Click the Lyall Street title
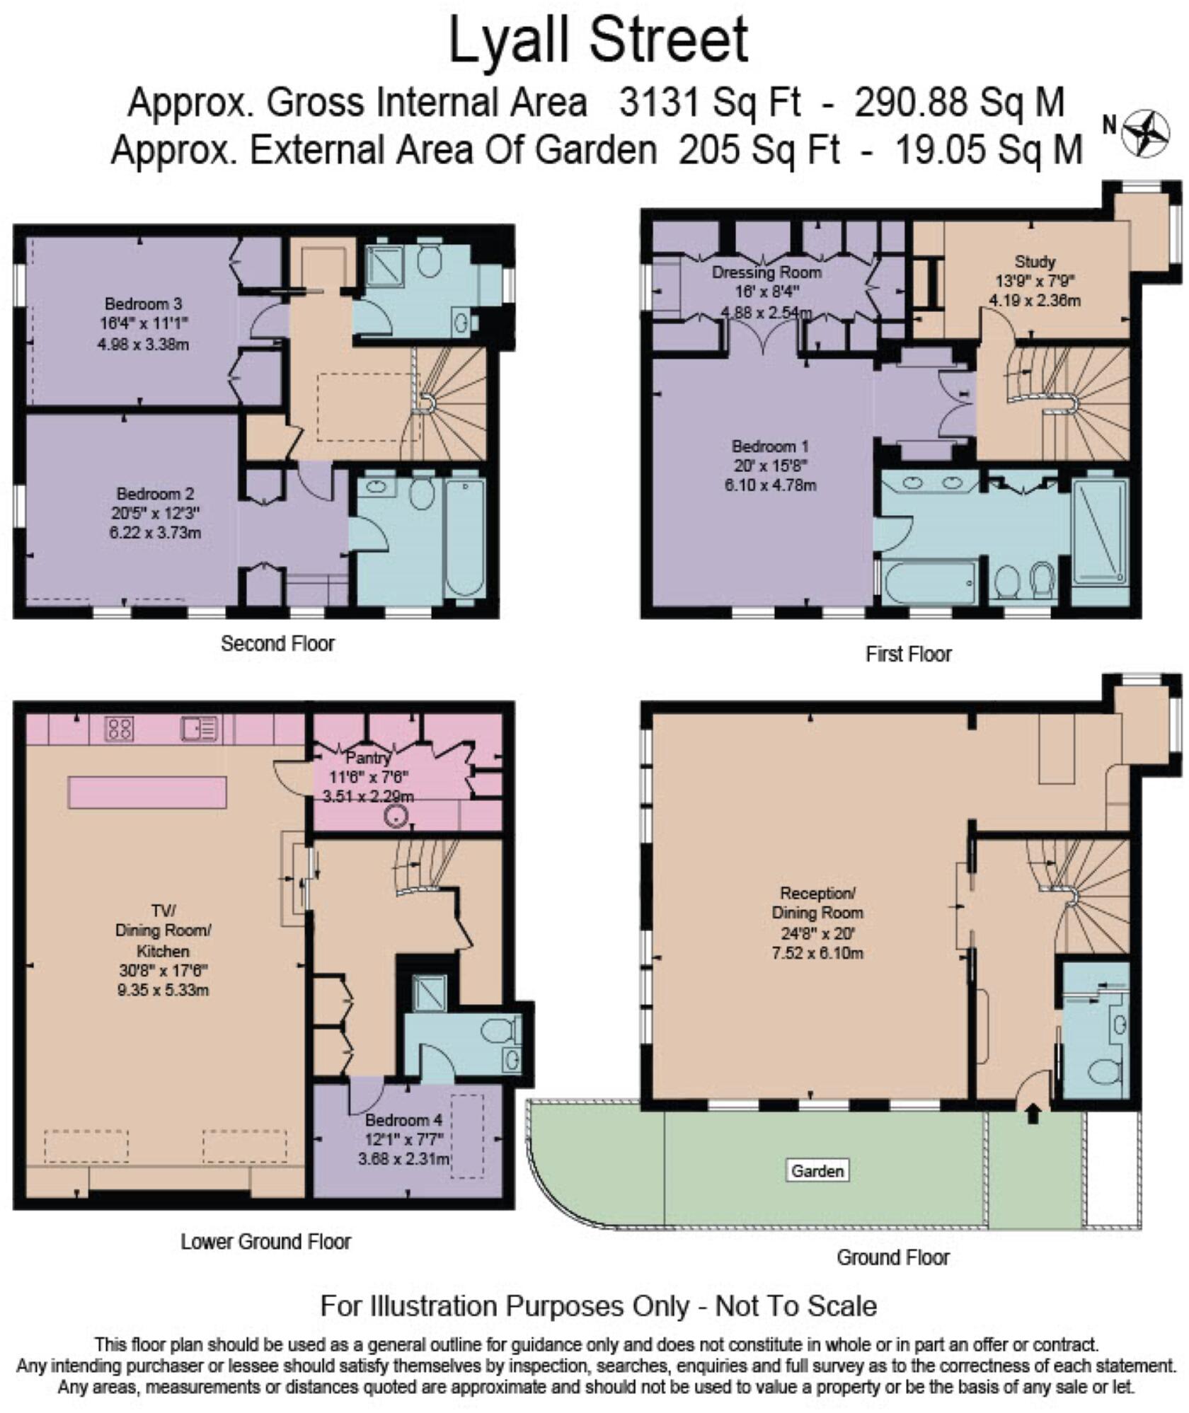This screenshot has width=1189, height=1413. pyautogui.click(x=599, y=41)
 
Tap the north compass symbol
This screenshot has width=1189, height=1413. pyautogui.click(x=1144, y=134)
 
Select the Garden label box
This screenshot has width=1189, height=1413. pyautogui.click(x=817, y=1170)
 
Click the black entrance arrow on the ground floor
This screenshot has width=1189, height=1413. pyautogui.click(x=1033, y=1115)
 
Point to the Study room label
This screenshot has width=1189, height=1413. pyautogui.click(x=1035, y=261)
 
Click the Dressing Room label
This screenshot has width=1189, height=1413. pyautogui.click(x=766, y=272)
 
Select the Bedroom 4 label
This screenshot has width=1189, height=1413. pyautogui.click(x=403, y=1120)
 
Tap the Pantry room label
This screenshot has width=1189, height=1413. pyautogui.click(x=368, y=757)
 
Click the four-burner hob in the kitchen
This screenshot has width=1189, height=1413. pyautogui.click(x=119, y=728)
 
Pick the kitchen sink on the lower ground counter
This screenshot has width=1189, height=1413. pyautogui.click(x=199, y=728)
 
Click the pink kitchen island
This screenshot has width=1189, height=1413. pyautogui.click(x=147, y=792)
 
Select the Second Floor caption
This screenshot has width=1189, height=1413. pyautogui.click(x=277, y=643)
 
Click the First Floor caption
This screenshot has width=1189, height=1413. pyautogui.click(x=908, y=654)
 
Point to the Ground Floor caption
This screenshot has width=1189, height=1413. pyautogui.click(x=893, y=1257)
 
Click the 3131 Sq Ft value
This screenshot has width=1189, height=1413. pyautogui.click(x=710, y=103)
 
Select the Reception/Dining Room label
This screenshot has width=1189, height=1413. pyautogui.click(x=817, y=902)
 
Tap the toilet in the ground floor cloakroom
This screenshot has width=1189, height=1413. pyautogui.click(x=1104, y=1071)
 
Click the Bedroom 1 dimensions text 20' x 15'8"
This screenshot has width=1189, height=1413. pyautogui.click(x=770, y=466)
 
